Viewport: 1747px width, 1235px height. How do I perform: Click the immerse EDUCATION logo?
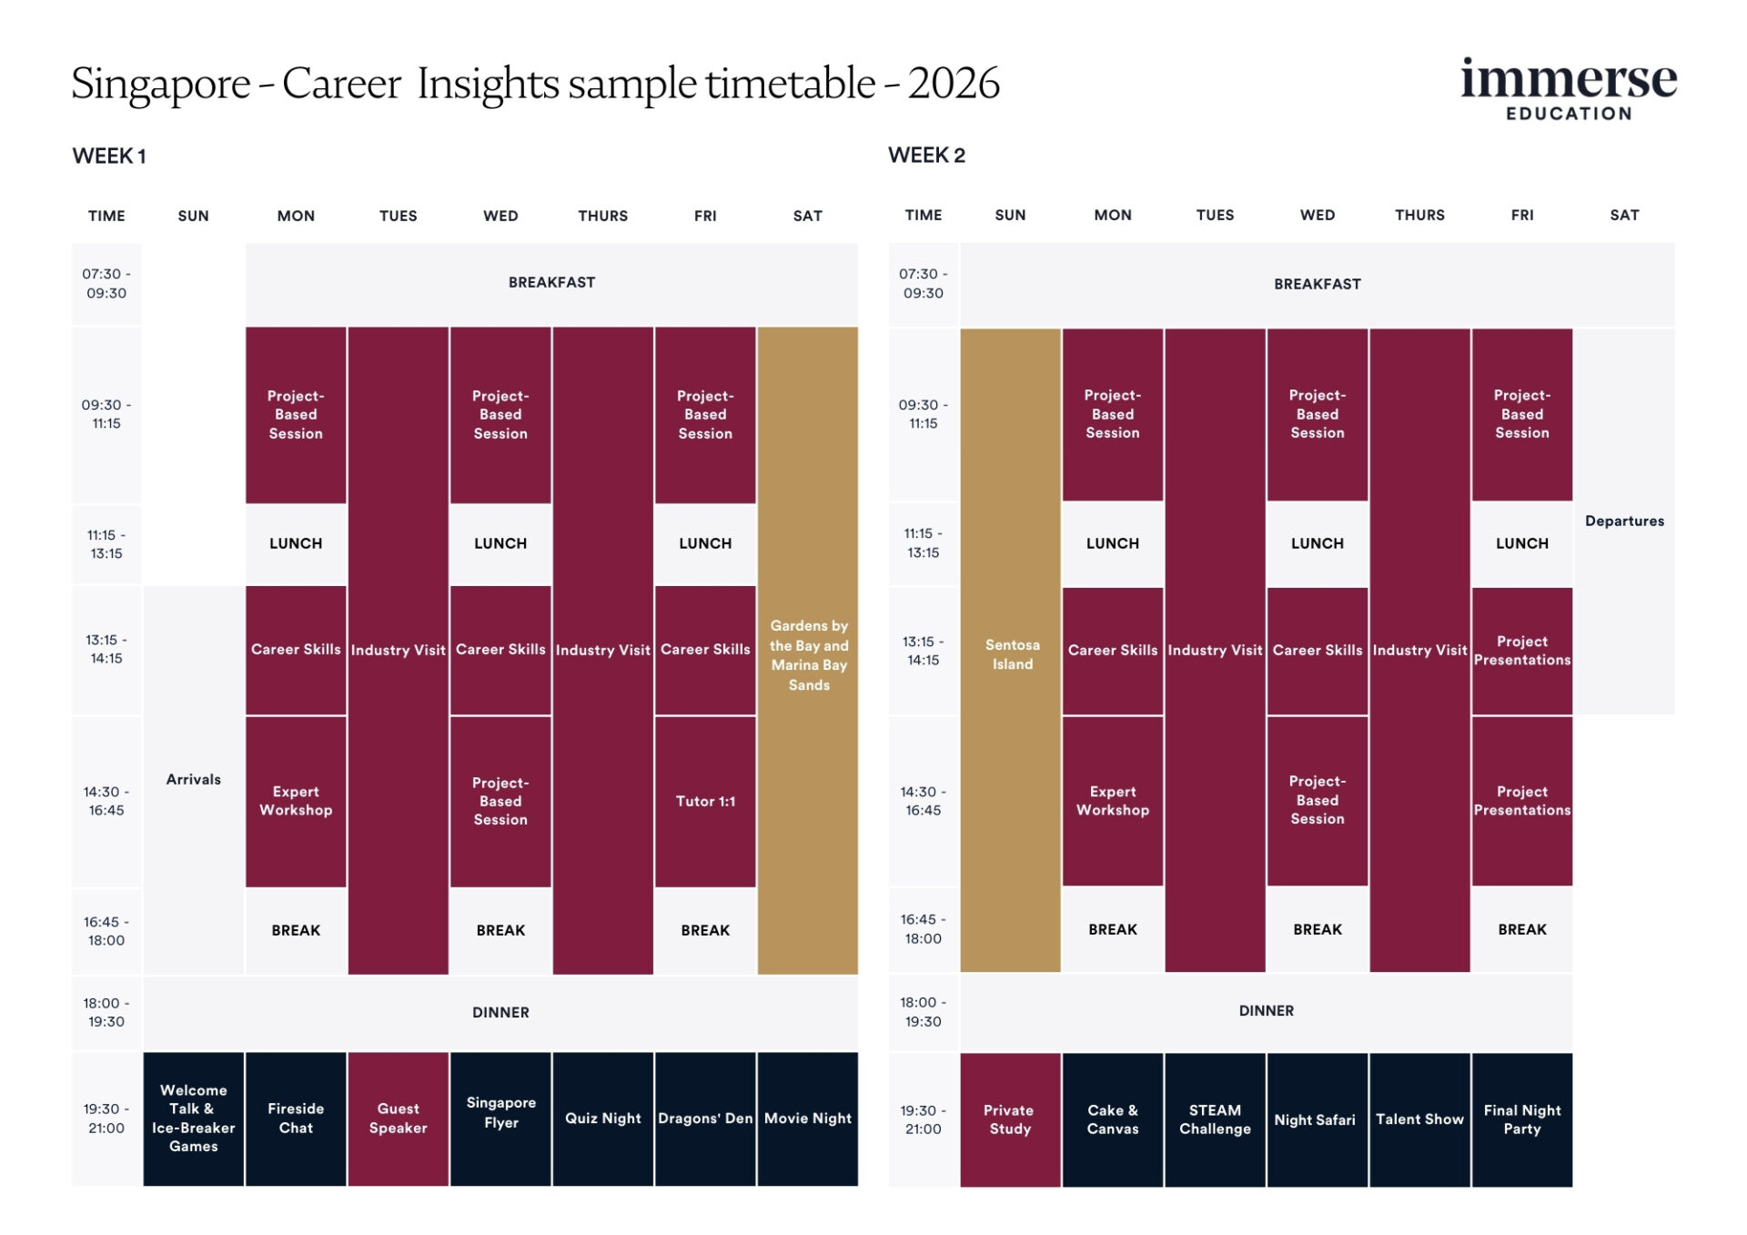[1568, 89]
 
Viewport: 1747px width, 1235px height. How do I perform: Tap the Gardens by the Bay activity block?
[808, 654]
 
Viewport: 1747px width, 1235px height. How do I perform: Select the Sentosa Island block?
[1011, 653]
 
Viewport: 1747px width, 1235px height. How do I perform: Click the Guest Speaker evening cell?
[398, 1118]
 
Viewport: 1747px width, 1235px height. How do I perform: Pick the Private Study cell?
[1010, 1119]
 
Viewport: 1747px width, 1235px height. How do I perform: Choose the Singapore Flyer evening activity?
[500, 1112]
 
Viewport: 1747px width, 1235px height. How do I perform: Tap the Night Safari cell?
[1315, 1119]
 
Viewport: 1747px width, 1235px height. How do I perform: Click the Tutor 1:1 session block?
[705, 801]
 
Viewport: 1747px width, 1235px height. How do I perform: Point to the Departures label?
[1624, 521]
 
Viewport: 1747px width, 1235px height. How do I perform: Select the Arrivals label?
[193, 779]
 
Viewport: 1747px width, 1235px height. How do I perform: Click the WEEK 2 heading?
[926, 156]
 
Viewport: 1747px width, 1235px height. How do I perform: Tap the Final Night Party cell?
[1521, 1119]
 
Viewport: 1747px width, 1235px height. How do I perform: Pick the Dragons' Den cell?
[705, 1118]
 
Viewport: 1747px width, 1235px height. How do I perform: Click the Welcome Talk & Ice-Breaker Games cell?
[193, 1118]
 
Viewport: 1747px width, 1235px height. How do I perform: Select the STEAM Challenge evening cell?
[1215, 1119]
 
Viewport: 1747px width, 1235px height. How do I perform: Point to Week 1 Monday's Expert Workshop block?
[296, 801]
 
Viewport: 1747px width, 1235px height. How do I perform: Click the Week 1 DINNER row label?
[500, 1012]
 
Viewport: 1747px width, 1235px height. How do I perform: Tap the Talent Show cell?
[1419, 1119]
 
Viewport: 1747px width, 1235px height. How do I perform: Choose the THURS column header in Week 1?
[602, 216]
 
